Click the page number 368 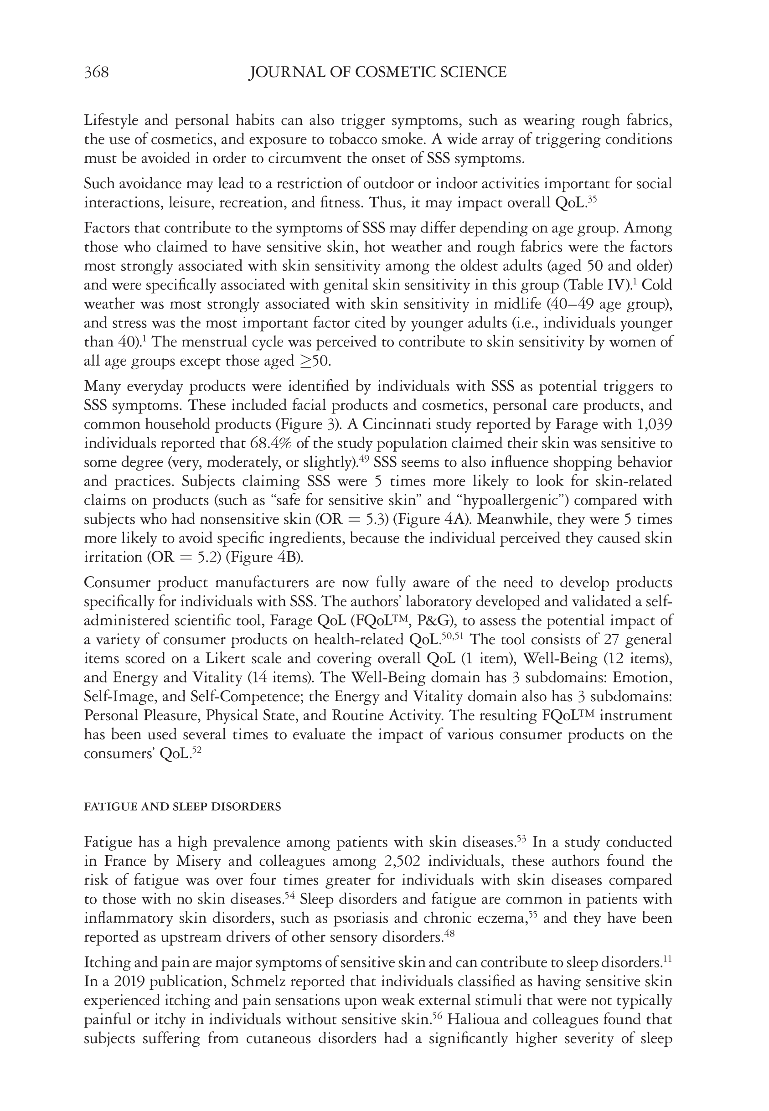click(x=96, y=72)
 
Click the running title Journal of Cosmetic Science click(x=378, y=72)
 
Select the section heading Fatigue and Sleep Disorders click(x=182, y=807)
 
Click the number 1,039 click(x=652, y=424)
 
